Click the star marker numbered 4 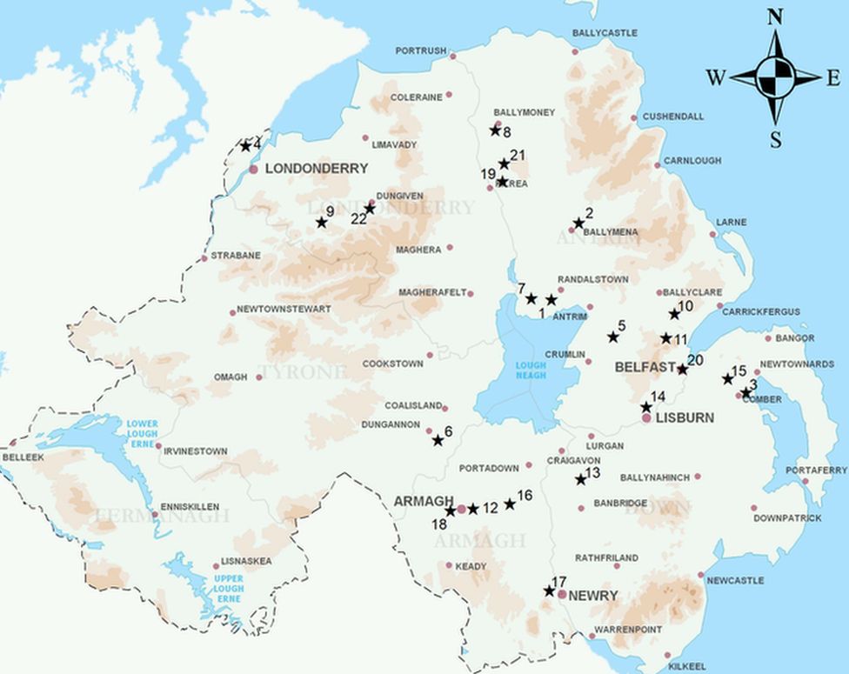click(245, 145)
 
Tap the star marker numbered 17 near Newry click(549, 591)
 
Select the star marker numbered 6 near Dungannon click(438, 441)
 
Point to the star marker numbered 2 click(578, 224)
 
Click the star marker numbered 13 click(580, 479)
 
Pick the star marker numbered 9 click(321, 223)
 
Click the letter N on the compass click(775, 17)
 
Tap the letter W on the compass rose click(715, 79)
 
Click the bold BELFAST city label click(645, 368)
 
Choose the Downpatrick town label click(787, 518)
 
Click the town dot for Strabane click(204, 257)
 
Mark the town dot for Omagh click(259, 377)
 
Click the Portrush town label click(420, 50)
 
